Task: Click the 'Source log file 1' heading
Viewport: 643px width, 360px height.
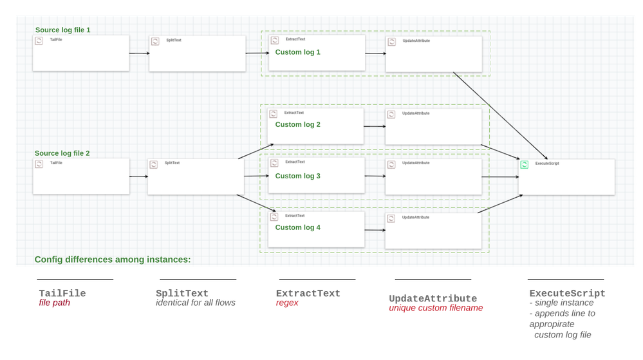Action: (62, 30)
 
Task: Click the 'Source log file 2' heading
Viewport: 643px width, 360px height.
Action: (62, 153)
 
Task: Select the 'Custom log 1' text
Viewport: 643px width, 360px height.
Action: (297, 52)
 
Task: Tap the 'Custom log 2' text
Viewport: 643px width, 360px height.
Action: (297, 124)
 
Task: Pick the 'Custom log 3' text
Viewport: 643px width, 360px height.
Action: (297, 176)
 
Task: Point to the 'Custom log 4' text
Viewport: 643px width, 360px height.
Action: (297, 227)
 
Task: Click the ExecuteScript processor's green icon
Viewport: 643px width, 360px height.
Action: (525, 165)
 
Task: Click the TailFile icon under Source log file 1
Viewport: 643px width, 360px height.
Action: (39, 41)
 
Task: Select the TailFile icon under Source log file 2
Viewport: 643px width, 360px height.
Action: (39, 164)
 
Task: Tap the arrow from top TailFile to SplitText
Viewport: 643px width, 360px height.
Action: (138, 53)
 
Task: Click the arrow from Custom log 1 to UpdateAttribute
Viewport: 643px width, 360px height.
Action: (375, 54)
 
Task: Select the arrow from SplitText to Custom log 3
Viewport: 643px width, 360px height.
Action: (256, 176)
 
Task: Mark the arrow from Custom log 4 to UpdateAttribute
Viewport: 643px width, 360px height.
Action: (375, 230)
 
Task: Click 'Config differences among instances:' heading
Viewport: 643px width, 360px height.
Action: (113, 260)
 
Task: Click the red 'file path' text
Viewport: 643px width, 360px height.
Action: (54, 303)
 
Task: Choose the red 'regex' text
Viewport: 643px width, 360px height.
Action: (287, 303)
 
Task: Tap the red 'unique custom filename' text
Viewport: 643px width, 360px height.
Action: (435, 308)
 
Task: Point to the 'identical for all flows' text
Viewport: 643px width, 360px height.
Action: (196, 303)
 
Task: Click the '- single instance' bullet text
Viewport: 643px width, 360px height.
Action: (561, 303)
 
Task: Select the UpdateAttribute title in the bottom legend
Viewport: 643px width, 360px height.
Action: (433, 299)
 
